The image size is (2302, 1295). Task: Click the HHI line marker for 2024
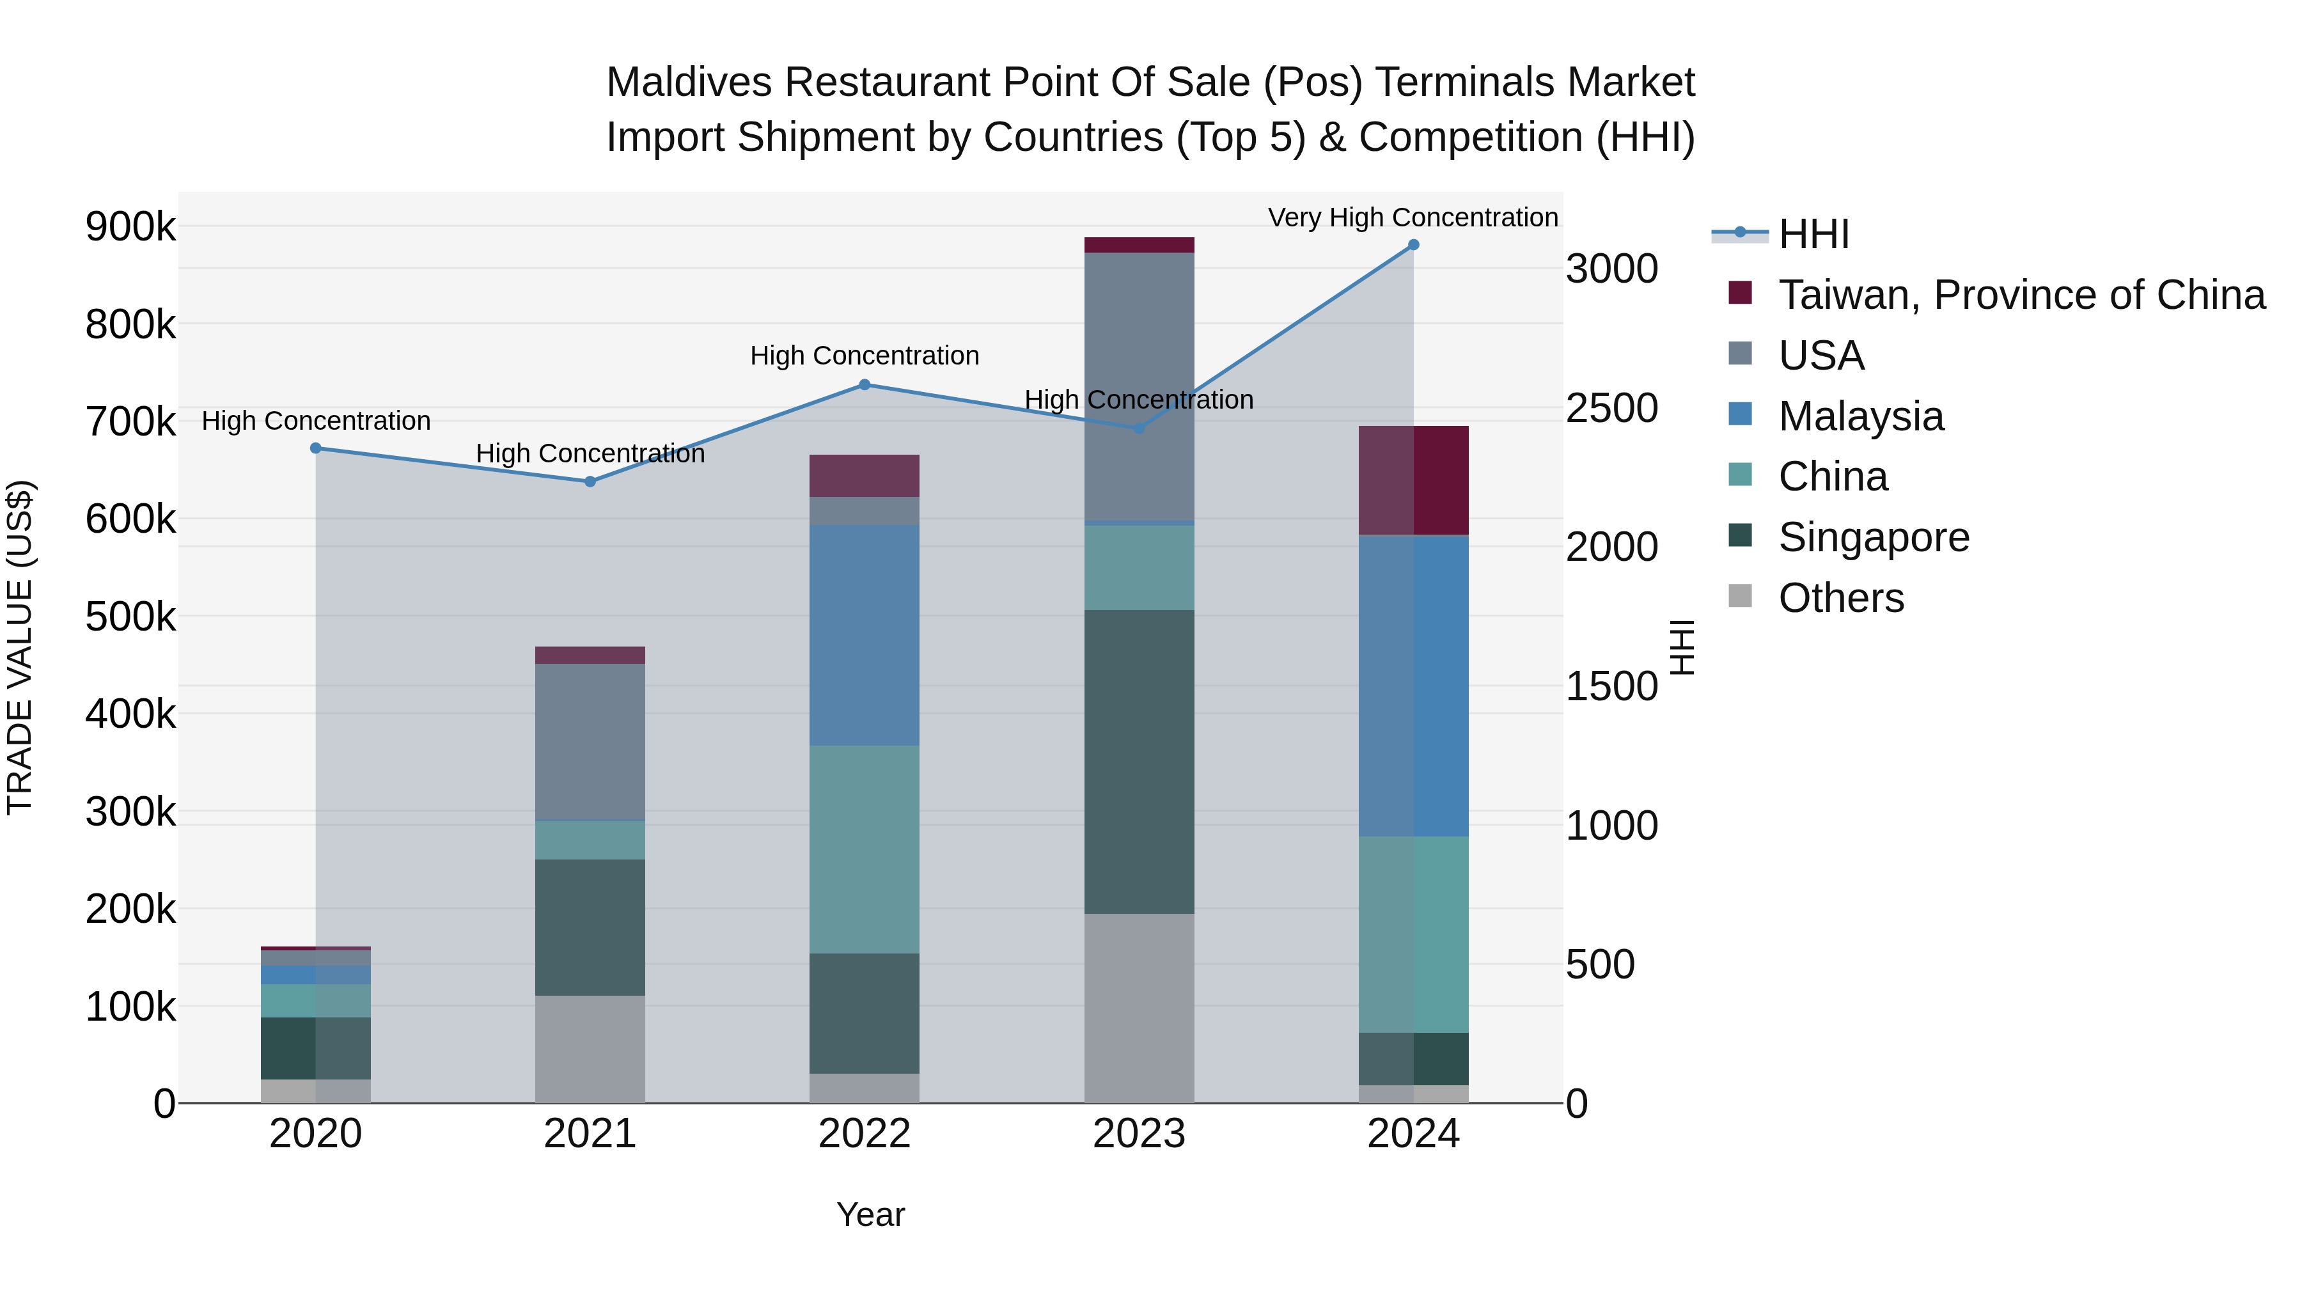pos(1413,245)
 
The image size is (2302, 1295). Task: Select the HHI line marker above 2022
pos(864,385)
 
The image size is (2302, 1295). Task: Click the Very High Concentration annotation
pos(1412,218)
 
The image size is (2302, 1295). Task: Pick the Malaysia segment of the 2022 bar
pos(864,634)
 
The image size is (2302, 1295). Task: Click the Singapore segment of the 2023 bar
pos(1138,762)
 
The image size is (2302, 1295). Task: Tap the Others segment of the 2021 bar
pos(590,1048)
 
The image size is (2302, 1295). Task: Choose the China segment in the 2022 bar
pos(864,849)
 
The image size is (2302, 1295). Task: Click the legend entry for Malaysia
pos(1861,416)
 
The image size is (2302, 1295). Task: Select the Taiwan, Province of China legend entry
pos(2021,295)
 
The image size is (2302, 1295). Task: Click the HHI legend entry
pos(1813,234)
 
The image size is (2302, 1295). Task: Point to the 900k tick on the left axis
pos(130,227)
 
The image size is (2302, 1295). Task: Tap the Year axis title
pos(870,1214)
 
